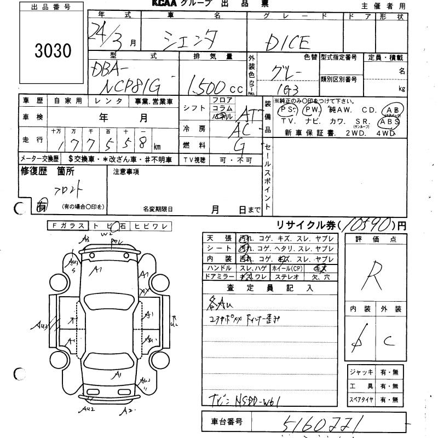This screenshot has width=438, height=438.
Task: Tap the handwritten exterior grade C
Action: coord(390,341)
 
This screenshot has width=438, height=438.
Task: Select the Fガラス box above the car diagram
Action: coord(66,226)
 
